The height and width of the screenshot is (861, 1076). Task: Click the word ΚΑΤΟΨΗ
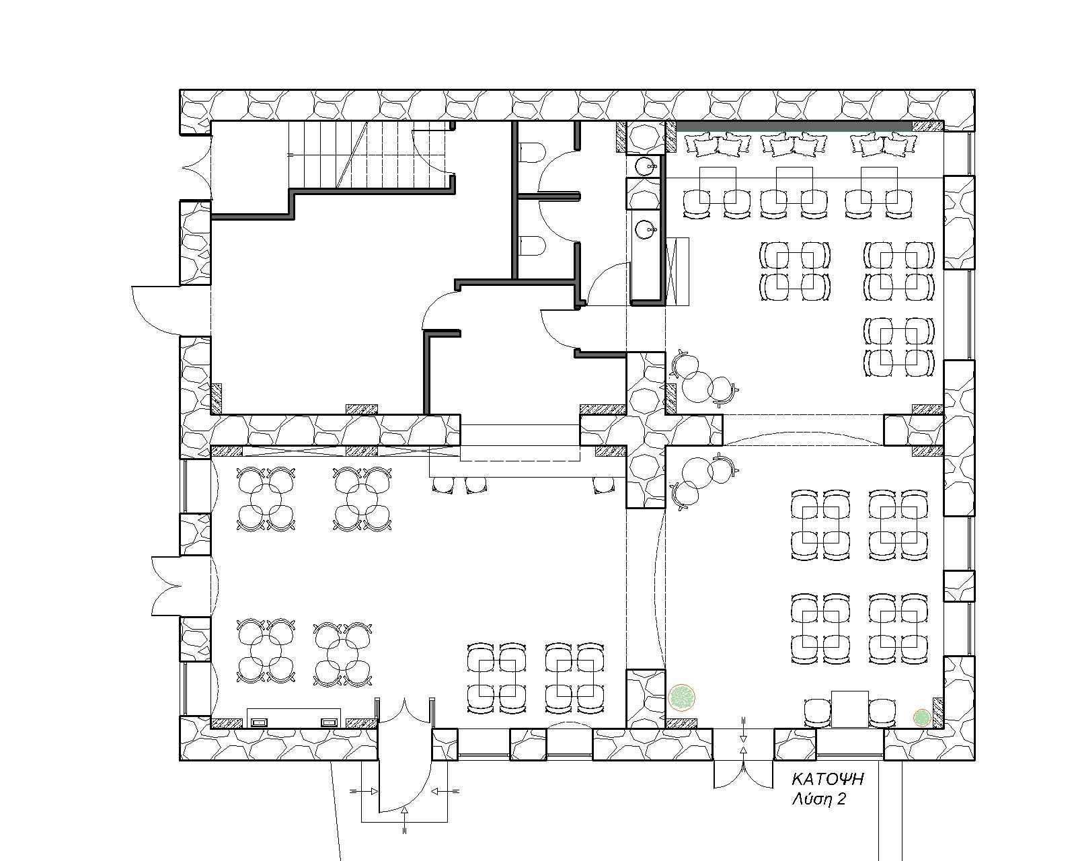click(827, 779)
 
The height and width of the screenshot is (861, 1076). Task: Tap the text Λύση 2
click(818, 799)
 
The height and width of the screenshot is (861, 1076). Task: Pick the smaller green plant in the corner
click(922, 718)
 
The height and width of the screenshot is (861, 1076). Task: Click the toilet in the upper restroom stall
click(530, 152)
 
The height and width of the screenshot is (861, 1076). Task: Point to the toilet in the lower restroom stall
click(530, 246)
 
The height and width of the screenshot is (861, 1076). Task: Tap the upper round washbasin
click(646, 165)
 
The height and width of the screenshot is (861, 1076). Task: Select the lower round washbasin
click(646, 230)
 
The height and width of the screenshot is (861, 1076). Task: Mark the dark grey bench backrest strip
click(794, 126)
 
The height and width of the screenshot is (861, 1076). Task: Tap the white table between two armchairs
click(850, 709)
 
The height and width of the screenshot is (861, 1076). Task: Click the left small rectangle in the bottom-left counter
click(259, 722)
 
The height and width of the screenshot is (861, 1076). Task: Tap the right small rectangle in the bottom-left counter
click(329, 722)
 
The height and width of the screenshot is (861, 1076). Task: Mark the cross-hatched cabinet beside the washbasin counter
click(677, 271)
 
